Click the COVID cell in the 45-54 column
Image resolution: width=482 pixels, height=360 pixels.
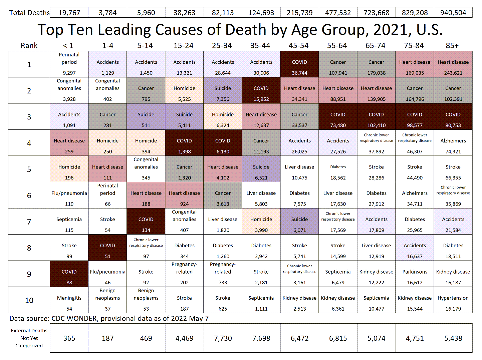(x=299, y=64)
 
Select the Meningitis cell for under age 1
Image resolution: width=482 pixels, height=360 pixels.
(x=69, y=300)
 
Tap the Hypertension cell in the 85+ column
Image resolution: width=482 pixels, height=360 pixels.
(x=453, y=300)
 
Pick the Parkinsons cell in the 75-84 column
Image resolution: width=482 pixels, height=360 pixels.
(x=415, y=274)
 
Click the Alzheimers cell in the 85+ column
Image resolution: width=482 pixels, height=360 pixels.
(x=453, y=143)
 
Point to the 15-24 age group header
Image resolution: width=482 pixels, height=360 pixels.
(x=184, y=45)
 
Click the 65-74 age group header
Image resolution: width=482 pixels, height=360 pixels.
(x=376, y=45)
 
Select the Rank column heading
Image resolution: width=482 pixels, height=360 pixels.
(x=29, y=45)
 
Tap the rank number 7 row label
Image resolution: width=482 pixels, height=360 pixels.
(x=29, y=222)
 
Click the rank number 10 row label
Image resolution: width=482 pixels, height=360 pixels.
(x=29, y=300)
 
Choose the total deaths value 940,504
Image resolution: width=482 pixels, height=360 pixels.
(x=453, y=13)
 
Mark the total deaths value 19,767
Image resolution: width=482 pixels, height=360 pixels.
(x=69, y=13)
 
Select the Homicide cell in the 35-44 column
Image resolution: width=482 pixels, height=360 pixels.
(x=261, y=221)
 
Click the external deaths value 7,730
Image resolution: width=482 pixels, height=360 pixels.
(x=223, y=338)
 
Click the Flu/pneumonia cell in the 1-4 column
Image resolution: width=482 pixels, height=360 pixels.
(x=107, y=274)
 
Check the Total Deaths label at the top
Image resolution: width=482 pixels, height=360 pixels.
(x=29, y=13)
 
